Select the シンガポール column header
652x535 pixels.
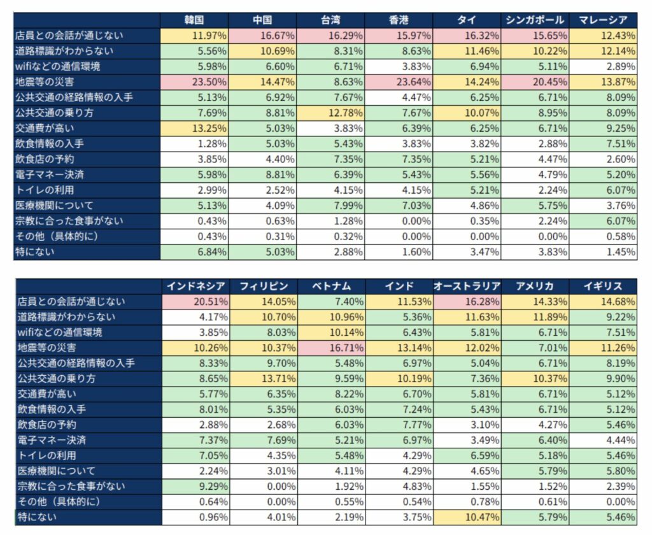coord(534,20)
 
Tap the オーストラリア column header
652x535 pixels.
coord(467,286)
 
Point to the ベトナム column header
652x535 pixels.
coord(330,286)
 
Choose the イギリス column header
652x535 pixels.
coord(603,286)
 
